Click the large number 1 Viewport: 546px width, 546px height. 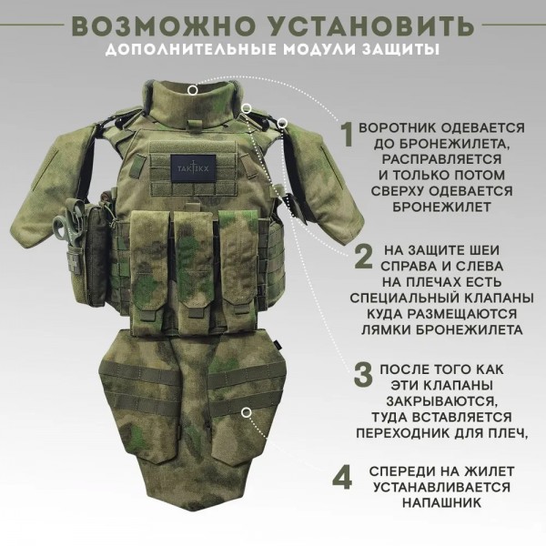[x=347, y=135]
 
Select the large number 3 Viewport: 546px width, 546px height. [x=361, y=374]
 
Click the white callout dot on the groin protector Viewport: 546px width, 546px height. [x=245, y=412]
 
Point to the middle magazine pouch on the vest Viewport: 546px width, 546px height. [x=193, y=264]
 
